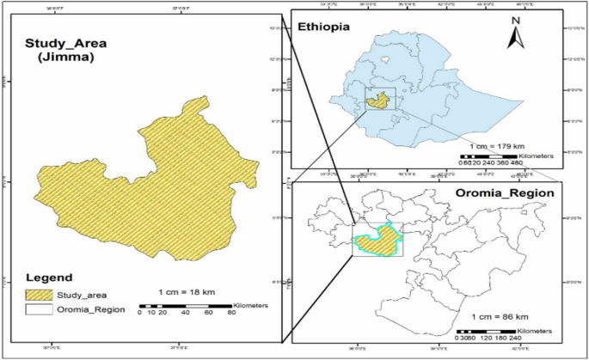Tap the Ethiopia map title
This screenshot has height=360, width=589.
tap(323, 27)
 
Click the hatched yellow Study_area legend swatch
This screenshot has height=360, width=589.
tap(38, 293)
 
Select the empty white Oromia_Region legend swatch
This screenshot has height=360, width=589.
tap(38, 308)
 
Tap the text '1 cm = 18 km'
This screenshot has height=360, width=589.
tap(192, 292)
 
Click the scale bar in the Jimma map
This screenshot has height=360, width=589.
tap(185, 306)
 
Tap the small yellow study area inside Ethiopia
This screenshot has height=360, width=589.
tap(376, 101)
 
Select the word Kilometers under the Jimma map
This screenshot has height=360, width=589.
tap(251, 305)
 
